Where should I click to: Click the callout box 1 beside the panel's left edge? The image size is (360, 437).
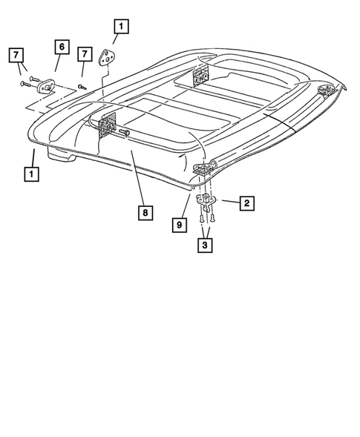(x=31, y=174)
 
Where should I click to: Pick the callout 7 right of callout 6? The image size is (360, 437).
(x=85, y=54)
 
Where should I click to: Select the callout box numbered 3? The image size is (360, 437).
(x=203, y=244)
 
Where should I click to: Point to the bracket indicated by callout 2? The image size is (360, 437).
(x=206, y=200)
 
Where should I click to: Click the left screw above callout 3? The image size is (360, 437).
(x=201, y=218)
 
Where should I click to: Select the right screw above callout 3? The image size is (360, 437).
(x=212, y=218)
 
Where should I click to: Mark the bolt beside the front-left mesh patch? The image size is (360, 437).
(x=126, y=134)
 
